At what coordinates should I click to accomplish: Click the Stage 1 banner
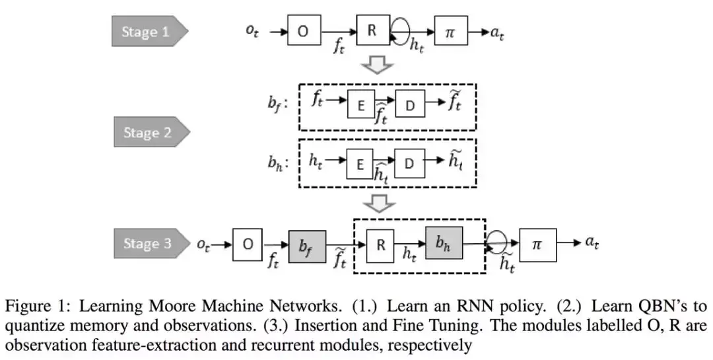tap(149, 32)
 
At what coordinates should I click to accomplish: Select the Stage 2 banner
tap(151, 132)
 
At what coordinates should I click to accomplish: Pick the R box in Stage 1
tap(373, 30)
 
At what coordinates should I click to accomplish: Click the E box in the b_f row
tap(362, 104)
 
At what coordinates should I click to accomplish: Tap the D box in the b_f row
tap(410, 104)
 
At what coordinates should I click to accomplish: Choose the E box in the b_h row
tap(360, 164)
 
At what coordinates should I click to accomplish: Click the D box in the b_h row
tap(409, 164)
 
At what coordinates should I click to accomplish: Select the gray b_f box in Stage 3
tap(308, 246)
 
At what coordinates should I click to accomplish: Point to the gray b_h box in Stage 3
tap(444, 242)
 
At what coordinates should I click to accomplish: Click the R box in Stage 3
tap(380, 245)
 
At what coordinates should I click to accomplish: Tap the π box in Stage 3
tap(538, 245)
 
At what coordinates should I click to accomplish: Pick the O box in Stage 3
tap(248, 244)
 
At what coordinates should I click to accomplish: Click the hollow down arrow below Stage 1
tap(377, 65)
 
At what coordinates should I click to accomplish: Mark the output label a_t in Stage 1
tap(497, 33)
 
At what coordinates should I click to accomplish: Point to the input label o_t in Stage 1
tap(252, 31)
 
